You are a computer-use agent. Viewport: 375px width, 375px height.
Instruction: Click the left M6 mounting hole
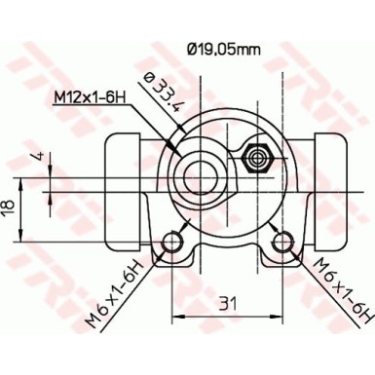click(x=175, y=241)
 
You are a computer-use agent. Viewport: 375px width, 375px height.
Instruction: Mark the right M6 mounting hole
click(x=283, y=241)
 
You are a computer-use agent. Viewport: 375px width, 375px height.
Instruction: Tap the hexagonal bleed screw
click(x=258, y=157)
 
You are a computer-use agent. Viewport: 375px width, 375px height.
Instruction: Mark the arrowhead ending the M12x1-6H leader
click(x=178, y=146)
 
